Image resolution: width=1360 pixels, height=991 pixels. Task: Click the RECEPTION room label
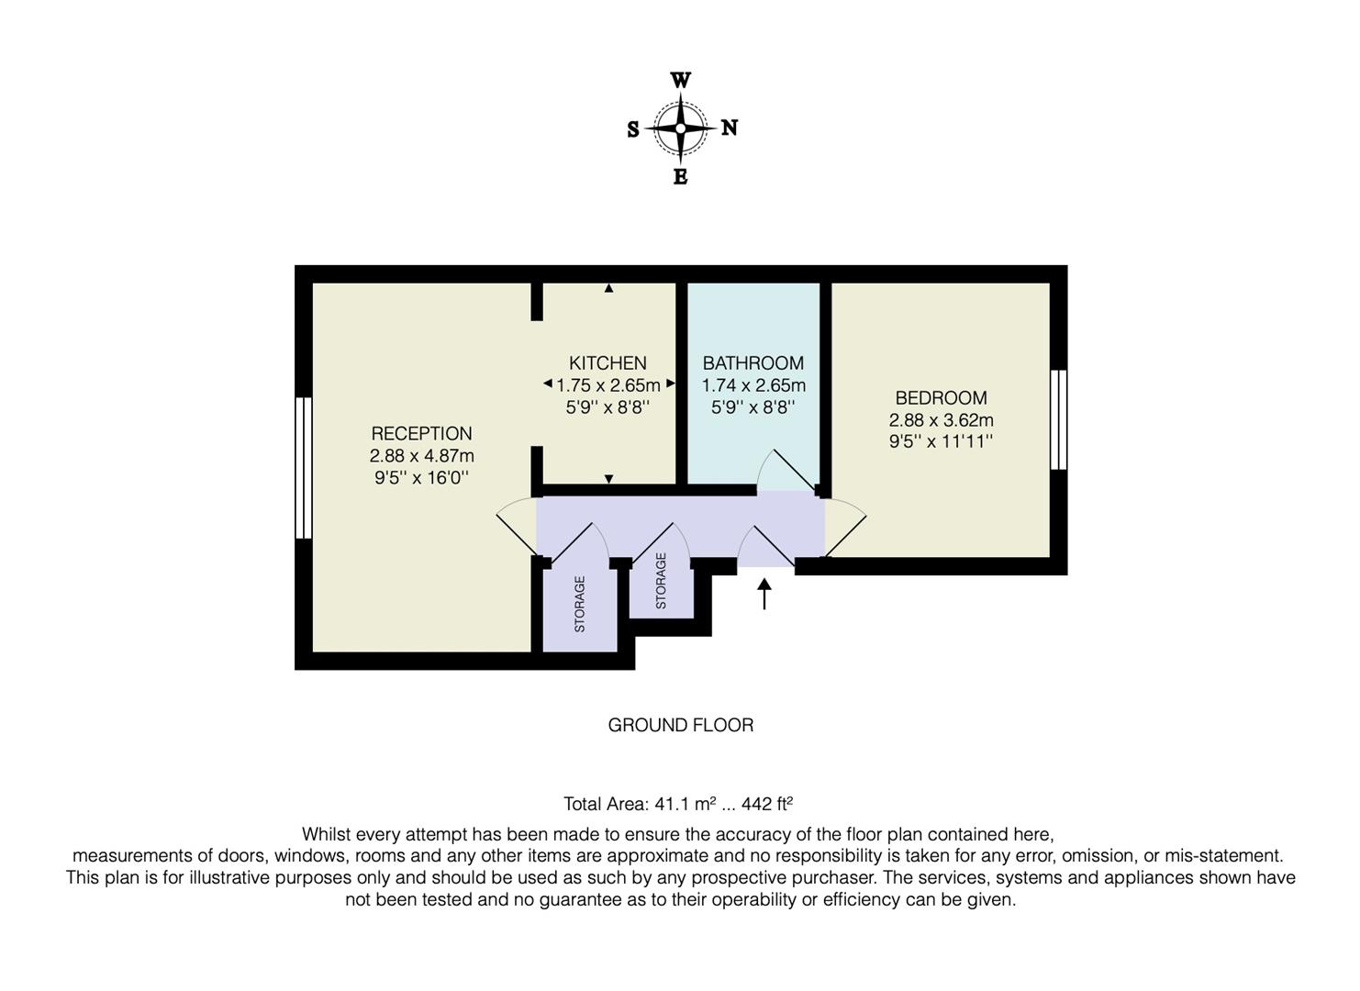pos(421,433)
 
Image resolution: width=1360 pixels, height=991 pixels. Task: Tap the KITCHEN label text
pos(608,363)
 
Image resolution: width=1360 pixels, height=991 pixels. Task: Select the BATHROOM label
pos(753,363)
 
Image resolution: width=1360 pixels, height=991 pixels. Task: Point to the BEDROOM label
pos(941,398)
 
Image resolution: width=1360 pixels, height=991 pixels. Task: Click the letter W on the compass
pos(680,81)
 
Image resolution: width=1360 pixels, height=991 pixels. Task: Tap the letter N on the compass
pos(730,128)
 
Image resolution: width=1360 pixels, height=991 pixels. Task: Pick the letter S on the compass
pos(633,130)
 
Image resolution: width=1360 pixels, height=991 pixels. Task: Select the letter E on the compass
pos(680,177)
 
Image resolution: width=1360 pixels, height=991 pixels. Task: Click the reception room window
pos(304,467)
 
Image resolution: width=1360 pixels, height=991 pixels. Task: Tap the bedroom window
pos(1058,419)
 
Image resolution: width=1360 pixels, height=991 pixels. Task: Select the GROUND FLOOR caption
pos(680,725)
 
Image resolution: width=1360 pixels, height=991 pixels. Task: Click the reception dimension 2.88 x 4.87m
pos(421,455)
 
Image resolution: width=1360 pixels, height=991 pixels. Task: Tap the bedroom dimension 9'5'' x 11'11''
pos(941,441)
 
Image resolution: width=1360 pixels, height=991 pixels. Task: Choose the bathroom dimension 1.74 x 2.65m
pos(753,385)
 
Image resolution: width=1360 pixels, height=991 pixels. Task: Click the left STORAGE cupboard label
pos(579,604)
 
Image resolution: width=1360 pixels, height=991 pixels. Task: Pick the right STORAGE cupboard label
pos(661,581)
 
